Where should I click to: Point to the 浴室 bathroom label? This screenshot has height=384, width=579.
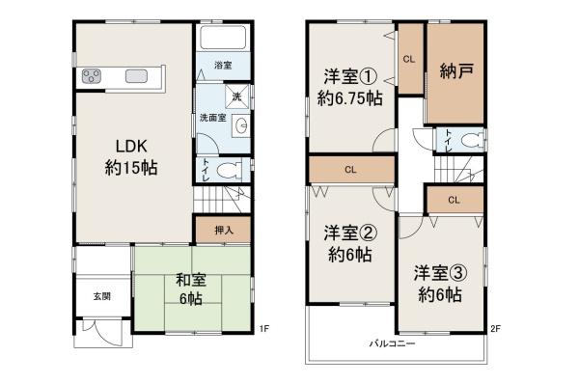(221, 66)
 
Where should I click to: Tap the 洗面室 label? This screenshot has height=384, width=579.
(211, 118)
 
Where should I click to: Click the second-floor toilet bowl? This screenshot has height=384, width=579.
(470, 141)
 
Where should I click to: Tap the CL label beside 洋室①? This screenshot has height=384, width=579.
(409, 59)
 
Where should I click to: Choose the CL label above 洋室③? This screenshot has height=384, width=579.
(454, 200)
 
